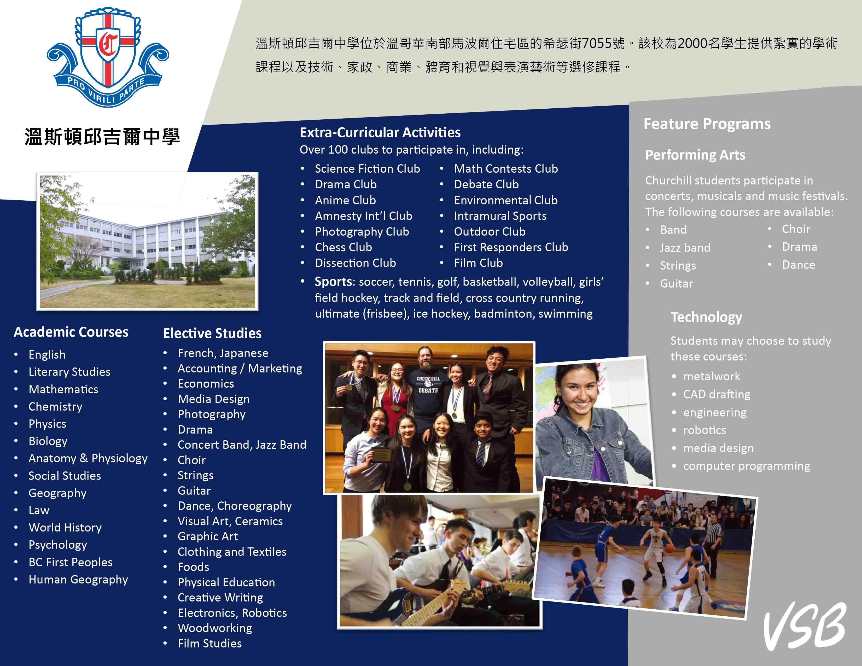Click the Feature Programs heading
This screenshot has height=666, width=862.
707,124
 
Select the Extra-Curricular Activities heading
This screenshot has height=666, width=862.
380,133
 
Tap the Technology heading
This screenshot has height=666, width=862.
706,317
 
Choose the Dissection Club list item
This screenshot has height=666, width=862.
355,263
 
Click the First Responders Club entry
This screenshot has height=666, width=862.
511,247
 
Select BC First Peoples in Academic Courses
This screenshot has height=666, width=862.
70,562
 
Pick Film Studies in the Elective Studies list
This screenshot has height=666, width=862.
209,644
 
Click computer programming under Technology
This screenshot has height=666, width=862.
746,466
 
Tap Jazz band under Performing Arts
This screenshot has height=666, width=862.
685,248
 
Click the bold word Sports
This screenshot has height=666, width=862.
333,282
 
